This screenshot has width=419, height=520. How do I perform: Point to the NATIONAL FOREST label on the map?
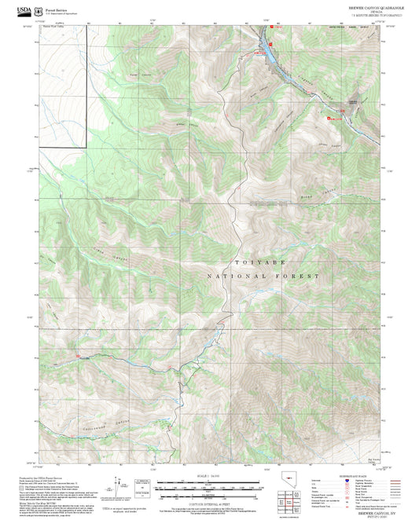click(263, 276)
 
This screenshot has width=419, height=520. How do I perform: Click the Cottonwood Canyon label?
click(102, 427)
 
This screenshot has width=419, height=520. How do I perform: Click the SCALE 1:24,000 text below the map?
click(208, 475)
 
